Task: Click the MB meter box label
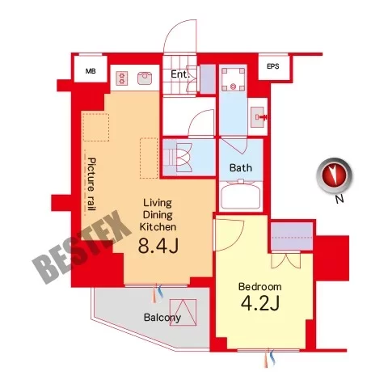coord(91,71)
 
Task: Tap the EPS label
coord(273,66)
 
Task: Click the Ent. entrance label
coord(180,74)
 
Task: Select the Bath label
coord(241,168)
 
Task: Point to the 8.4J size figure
coord(158,246)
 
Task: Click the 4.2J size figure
coord(260,303)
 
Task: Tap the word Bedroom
coord(259,286)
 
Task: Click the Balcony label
coord(162,318)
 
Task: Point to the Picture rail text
coord(92,184)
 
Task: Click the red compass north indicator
coord(334,175)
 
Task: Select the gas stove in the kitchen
coord(122,78)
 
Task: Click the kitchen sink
coord(145,78)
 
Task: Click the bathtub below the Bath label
coord(240,195)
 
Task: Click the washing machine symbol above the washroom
coord(234,79)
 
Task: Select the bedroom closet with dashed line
coord(292,236)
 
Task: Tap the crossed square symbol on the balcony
coord(183,312)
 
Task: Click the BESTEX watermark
coord(81,247)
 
